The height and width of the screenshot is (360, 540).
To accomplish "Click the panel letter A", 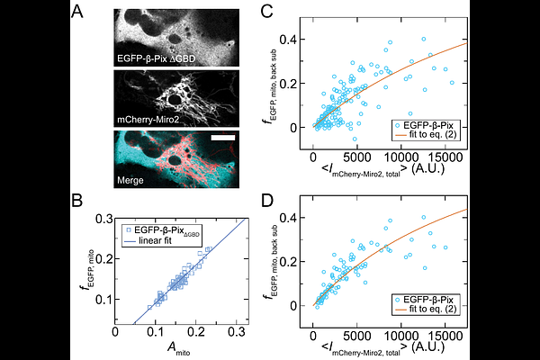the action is (77, 13).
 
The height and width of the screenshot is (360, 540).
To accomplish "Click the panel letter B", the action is (77, 201).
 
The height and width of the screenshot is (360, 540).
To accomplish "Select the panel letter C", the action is (267, 12).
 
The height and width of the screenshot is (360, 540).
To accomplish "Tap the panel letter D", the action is (267, 201).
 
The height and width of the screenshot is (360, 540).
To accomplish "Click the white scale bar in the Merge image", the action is (223, 138).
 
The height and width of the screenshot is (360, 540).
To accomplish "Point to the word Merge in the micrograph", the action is (130, 180).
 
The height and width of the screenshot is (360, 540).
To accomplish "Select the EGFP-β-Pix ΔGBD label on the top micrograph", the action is (156, 58).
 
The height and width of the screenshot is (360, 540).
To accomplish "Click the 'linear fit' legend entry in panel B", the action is (155, 240).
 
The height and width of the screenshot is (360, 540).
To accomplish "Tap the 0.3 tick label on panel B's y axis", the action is (103, 219).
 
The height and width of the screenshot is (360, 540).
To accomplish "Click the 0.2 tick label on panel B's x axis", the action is (196, 332).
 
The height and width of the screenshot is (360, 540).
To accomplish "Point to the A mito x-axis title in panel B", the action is (179, 348).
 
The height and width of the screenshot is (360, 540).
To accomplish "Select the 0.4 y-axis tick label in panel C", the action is (288, 40).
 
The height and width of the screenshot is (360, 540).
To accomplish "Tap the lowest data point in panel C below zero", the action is (355, 139).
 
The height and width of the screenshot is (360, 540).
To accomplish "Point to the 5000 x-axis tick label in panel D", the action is (356, 335).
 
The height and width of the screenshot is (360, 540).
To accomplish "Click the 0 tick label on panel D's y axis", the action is (293, 306).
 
